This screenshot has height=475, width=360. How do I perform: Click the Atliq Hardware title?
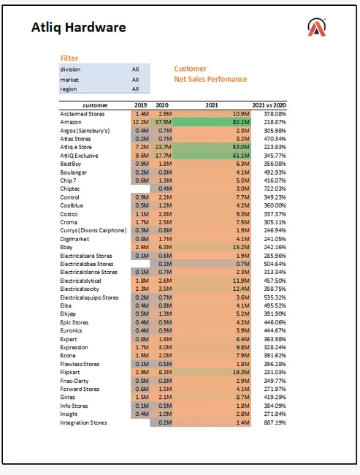click(79, 28)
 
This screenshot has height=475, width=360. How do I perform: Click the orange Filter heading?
click(69, 58)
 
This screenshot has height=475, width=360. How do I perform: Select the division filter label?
click(71, 69)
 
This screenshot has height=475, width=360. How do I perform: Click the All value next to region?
click(135, 88)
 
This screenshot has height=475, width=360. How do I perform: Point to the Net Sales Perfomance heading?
click(210, 79)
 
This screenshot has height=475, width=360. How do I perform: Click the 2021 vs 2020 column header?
click(269, 105)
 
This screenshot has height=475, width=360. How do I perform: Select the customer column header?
click(95, 105)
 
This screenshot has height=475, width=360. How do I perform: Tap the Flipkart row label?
click(72, 372)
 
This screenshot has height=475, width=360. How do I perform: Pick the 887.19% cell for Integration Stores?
click(269, 422)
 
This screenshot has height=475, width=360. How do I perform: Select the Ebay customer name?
click(67, 247)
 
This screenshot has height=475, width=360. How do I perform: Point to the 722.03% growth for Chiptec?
click(269, 189)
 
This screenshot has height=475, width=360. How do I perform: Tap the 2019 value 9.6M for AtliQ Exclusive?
click(141, 156)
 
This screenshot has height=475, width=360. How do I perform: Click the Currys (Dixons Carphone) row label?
click(93, 230)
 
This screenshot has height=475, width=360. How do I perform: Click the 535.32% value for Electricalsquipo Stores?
click(269, 297)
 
